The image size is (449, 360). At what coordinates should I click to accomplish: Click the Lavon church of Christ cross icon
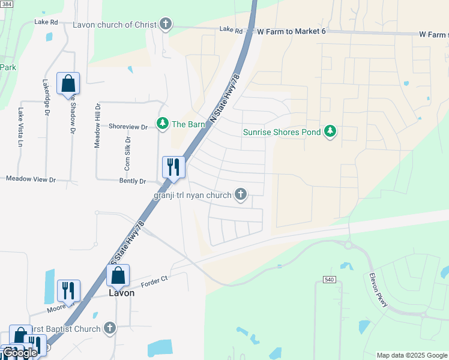click(165, 25)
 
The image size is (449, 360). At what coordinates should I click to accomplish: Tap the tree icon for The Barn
click(162, 124)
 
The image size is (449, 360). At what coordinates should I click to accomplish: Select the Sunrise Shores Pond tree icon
click(329, 131)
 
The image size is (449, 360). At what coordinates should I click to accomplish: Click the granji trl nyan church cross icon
click(240, 195)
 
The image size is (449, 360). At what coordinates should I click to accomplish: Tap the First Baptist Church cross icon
click(109, 328)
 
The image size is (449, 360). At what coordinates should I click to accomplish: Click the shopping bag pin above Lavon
click(118, 276)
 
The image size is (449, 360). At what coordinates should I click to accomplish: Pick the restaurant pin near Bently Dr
click(174, 168)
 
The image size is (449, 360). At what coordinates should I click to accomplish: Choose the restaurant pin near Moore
click(68, 292)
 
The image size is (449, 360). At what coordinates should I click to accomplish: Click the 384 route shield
click(7, 4)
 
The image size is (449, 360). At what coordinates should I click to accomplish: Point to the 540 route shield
click(328, 280)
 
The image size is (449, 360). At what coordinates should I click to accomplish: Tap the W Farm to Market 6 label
click(291, 31)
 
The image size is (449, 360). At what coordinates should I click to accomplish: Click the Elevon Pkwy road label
click(378, 292)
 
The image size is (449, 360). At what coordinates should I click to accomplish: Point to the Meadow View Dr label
click(31, 179)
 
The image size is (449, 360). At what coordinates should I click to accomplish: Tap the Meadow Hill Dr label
click(97, 127)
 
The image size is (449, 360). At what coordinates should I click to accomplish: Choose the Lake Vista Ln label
click(20, 127)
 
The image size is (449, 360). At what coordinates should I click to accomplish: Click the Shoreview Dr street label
click(128, 127)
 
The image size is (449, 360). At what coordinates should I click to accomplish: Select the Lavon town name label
click(121, 293)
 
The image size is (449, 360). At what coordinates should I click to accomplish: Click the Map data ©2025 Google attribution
click(412, 355)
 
